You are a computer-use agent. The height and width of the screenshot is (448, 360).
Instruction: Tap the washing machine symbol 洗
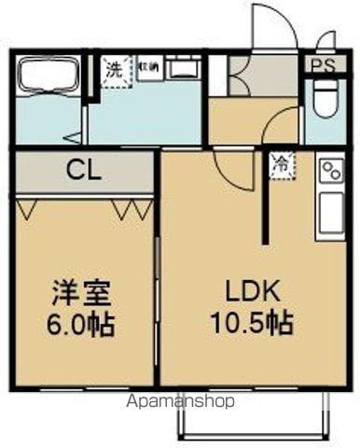pyautogui.click(x=114, y=70)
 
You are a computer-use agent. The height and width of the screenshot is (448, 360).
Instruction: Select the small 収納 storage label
pyautogui.click(x=149, y=66)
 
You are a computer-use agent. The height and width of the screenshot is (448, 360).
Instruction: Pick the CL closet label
pyautogui.click(x=82, y=172)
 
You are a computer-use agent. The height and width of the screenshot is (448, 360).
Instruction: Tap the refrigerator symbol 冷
pyautogui.click(x=281, y=161)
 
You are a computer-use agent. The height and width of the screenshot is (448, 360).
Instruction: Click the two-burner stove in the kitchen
pyautogui.click(x=331, y=172)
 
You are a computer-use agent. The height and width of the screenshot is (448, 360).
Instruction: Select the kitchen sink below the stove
pyautogui.click(x=331, y=213)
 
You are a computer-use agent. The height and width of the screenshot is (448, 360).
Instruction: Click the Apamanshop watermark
pyautogui.click(x=187, y=401)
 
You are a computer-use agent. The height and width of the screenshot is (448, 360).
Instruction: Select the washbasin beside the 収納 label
pyautogui.click(x=183, y=71)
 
